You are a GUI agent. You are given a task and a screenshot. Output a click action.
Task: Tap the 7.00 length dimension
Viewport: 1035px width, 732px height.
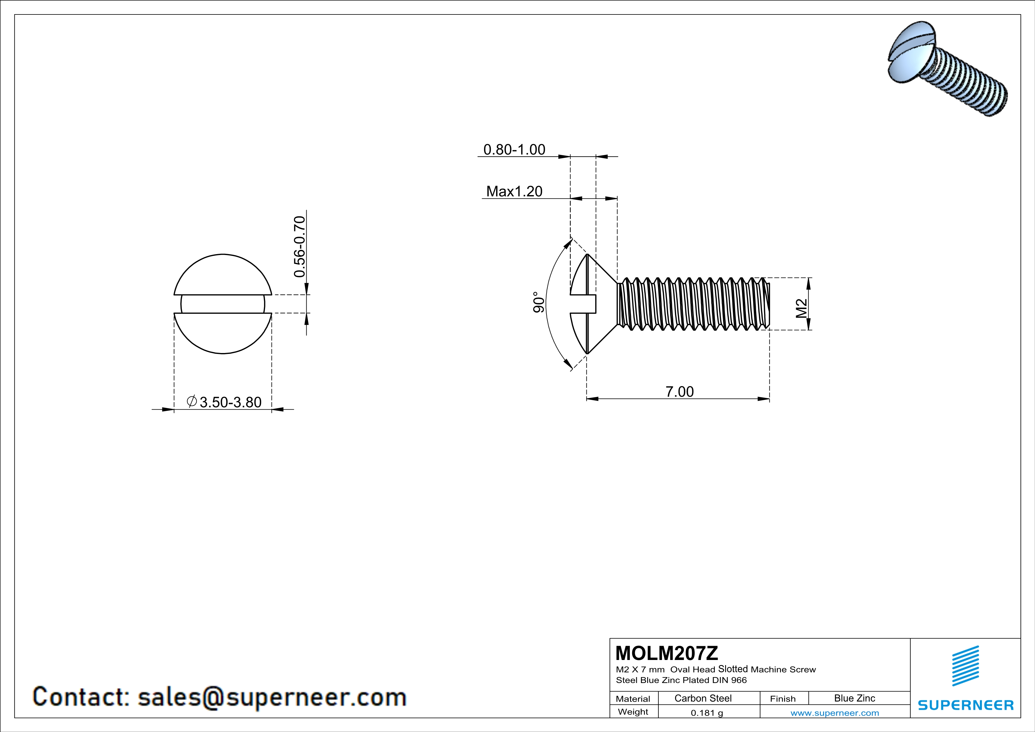(x=679, y=391)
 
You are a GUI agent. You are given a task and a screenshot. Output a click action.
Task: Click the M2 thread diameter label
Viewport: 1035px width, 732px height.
(x=801, y=309)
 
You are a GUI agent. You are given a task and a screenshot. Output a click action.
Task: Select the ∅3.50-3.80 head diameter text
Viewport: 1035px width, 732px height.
(x=224, y=402)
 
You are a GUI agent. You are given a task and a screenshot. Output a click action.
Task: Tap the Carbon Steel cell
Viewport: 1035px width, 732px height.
(x=703, y=698)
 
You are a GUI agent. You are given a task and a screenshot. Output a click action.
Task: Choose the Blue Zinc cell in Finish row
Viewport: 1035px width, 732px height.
(x=854, y=698)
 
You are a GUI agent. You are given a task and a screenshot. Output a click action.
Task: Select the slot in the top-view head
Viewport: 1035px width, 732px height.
(x=223, y=304)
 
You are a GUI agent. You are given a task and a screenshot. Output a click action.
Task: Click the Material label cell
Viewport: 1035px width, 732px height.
(x=633, y=699)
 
